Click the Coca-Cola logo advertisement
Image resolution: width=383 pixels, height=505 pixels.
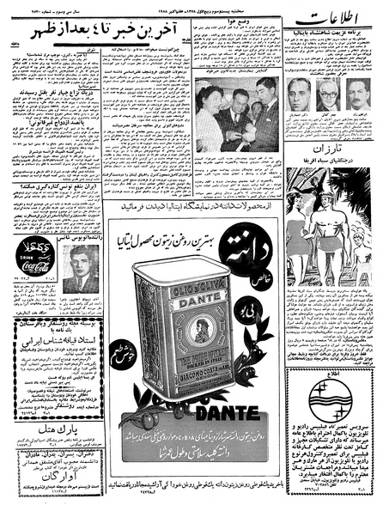point(28,257)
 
